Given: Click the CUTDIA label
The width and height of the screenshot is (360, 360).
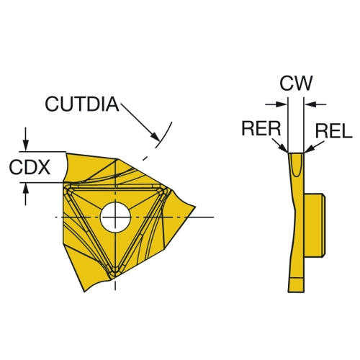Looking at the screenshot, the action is point(82,104).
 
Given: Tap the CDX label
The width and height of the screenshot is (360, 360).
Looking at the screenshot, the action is point(30,167).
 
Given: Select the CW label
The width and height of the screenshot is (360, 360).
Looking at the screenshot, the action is point(296,83).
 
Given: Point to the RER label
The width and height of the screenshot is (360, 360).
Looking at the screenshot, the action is point(261,128).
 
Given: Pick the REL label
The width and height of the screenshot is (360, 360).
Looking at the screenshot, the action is point(333,131).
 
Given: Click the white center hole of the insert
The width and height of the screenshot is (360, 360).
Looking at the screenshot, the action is point(115,217).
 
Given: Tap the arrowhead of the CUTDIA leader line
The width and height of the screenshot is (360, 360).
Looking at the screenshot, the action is point(155,137).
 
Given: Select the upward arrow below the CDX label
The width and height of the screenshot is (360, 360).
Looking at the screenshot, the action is point(26,194).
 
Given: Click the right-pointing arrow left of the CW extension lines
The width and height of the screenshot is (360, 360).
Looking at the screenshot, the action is point(276,104).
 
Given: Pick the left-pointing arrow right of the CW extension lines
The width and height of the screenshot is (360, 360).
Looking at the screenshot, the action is point(315,104).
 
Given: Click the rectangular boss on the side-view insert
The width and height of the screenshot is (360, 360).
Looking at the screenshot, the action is point(315,225).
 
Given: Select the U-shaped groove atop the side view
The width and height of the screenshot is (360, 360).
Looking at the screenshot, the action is point(296,165).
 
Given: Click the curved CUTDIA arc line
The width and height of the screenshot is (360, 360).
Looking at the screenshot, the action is point(165,135).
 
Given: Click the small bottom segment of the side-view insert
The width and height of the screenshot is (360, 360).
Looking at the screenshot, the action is point(296,285).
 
